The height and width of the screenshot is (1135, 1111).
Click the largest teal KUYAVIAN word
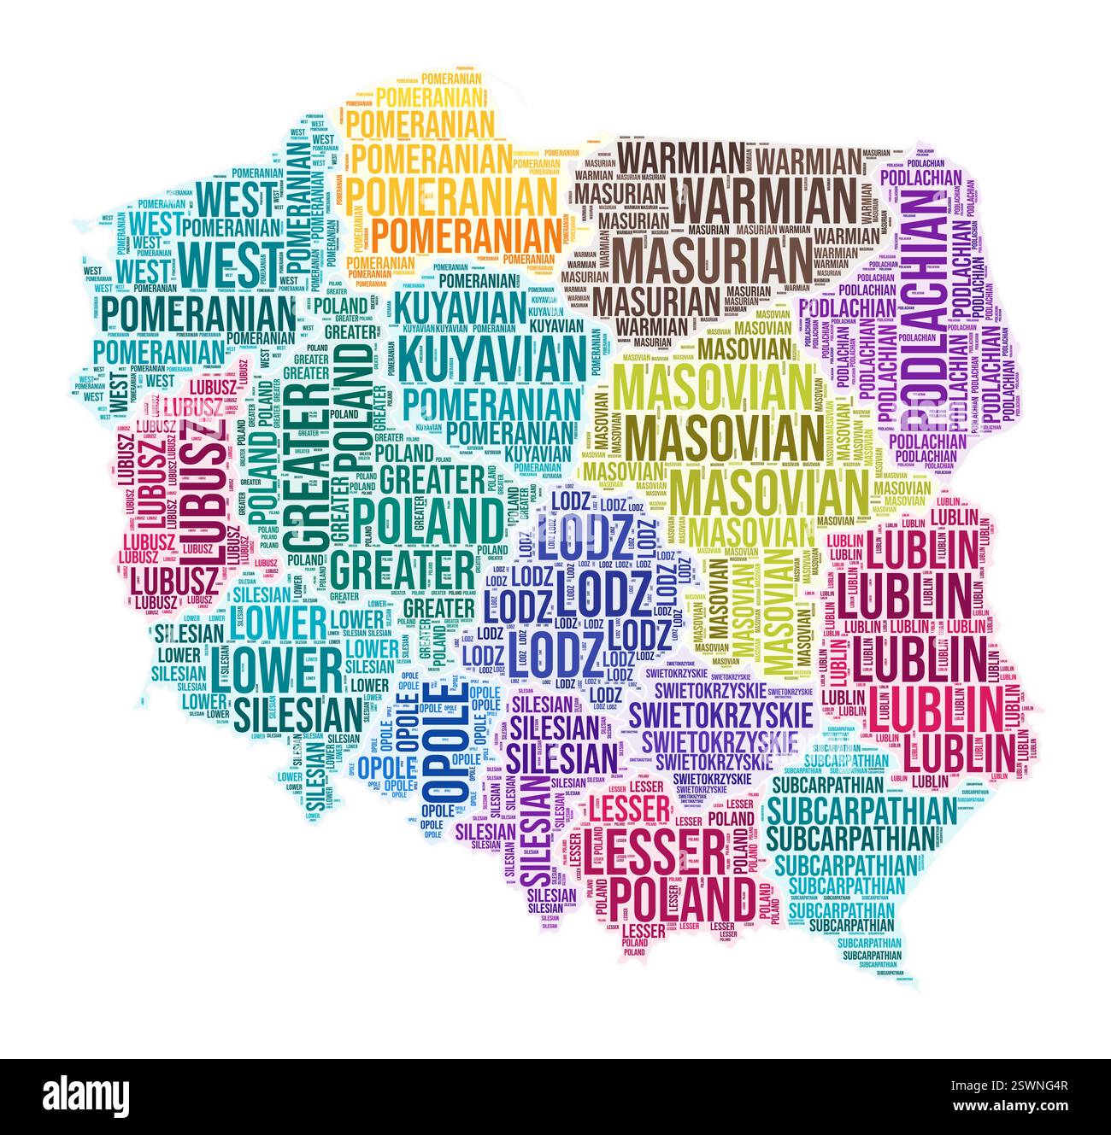[491, 359]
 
